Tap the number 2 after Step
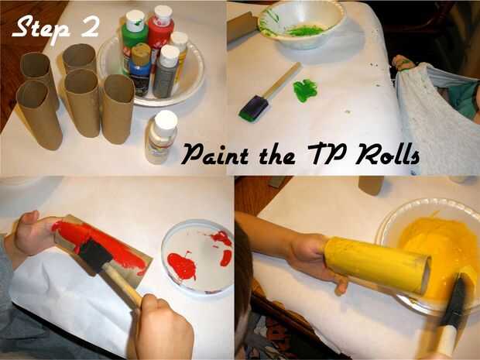coord(91,26)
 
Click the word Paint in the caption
coord(215,153)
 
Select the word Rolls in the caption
coord(387,153)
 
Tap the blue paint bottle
coord(140,70)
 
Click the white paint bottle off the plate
coord(161,137)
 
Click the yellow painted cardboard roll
coord(377,265)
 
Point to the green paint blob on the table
coord(305,91)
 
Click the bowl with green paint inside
coord(301,23)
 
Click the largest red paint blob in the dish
coord(182,266)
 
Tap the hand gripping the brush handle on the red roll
coord(161,326)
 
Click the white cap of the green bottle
coord(135,21)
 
